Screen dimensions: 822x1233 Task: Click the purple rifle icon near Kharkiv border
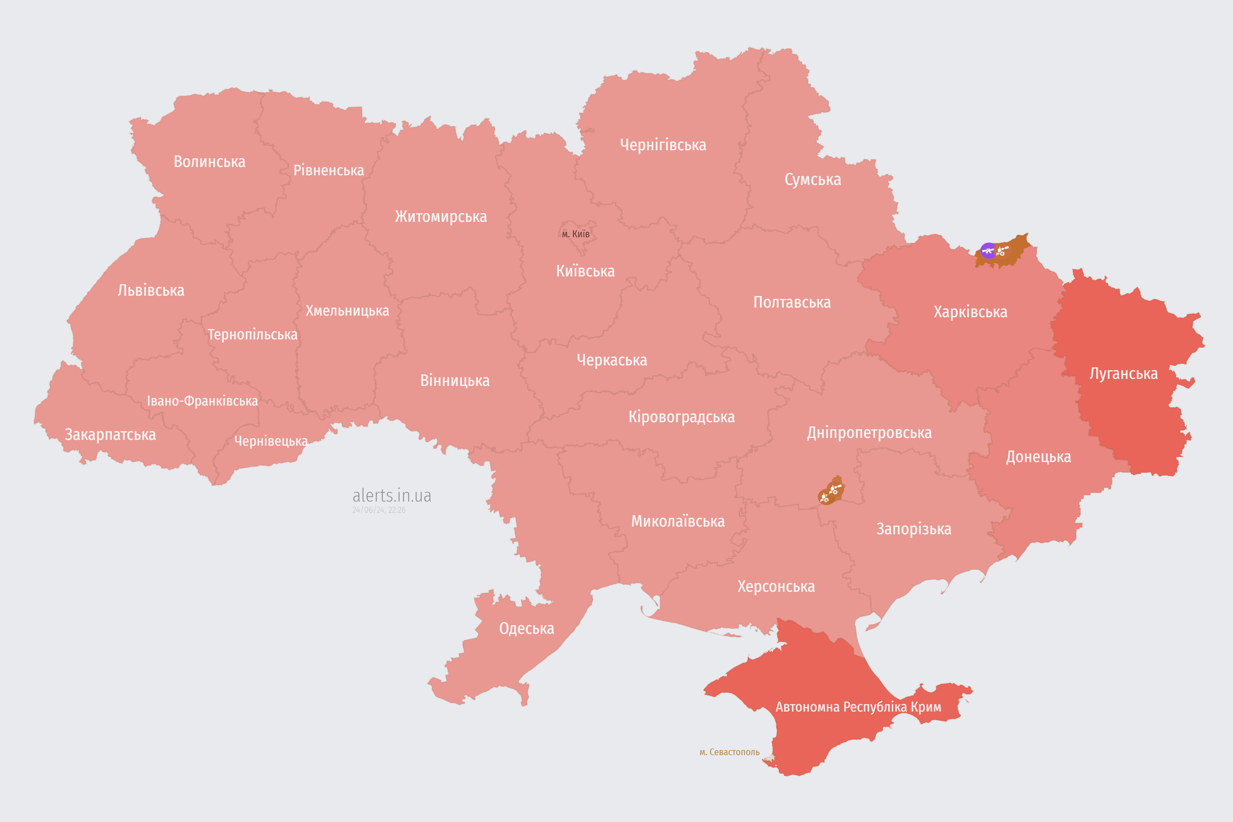click(x=988, y=250)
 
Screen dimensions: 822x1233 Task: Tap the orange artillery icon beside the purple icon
click(x=1002, y=250)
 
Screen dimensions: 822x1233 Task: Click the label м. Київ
click(x=576, y=234)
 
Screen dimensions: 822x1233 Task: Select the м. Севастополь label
click(x=729, y=752)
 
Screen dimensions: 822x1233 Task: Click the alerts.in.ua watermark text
click(x=392, y=495)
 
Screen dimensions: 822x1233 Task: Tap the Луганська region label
click(x=1124, y=374)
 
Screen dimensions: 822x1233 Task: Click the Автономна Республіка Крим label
click(x=858, y=707)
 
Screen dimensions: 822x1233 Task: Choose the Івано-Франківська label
click(x=202, y=401)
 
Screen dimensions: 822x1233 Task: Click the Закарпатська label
click(x=110, y=434)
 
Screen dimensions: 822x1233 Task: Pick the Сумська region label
click(x=813, y=180)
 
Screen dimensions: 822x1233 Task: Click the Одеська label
click(x=526, y=629)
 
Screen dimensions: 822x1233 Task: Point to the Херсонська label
click(x=776, y=586)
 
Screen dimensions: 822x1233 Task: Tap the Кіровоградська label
click(x=681, y=417)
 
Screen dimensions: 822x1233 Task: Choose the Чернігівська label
click(x=663, y=145)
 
